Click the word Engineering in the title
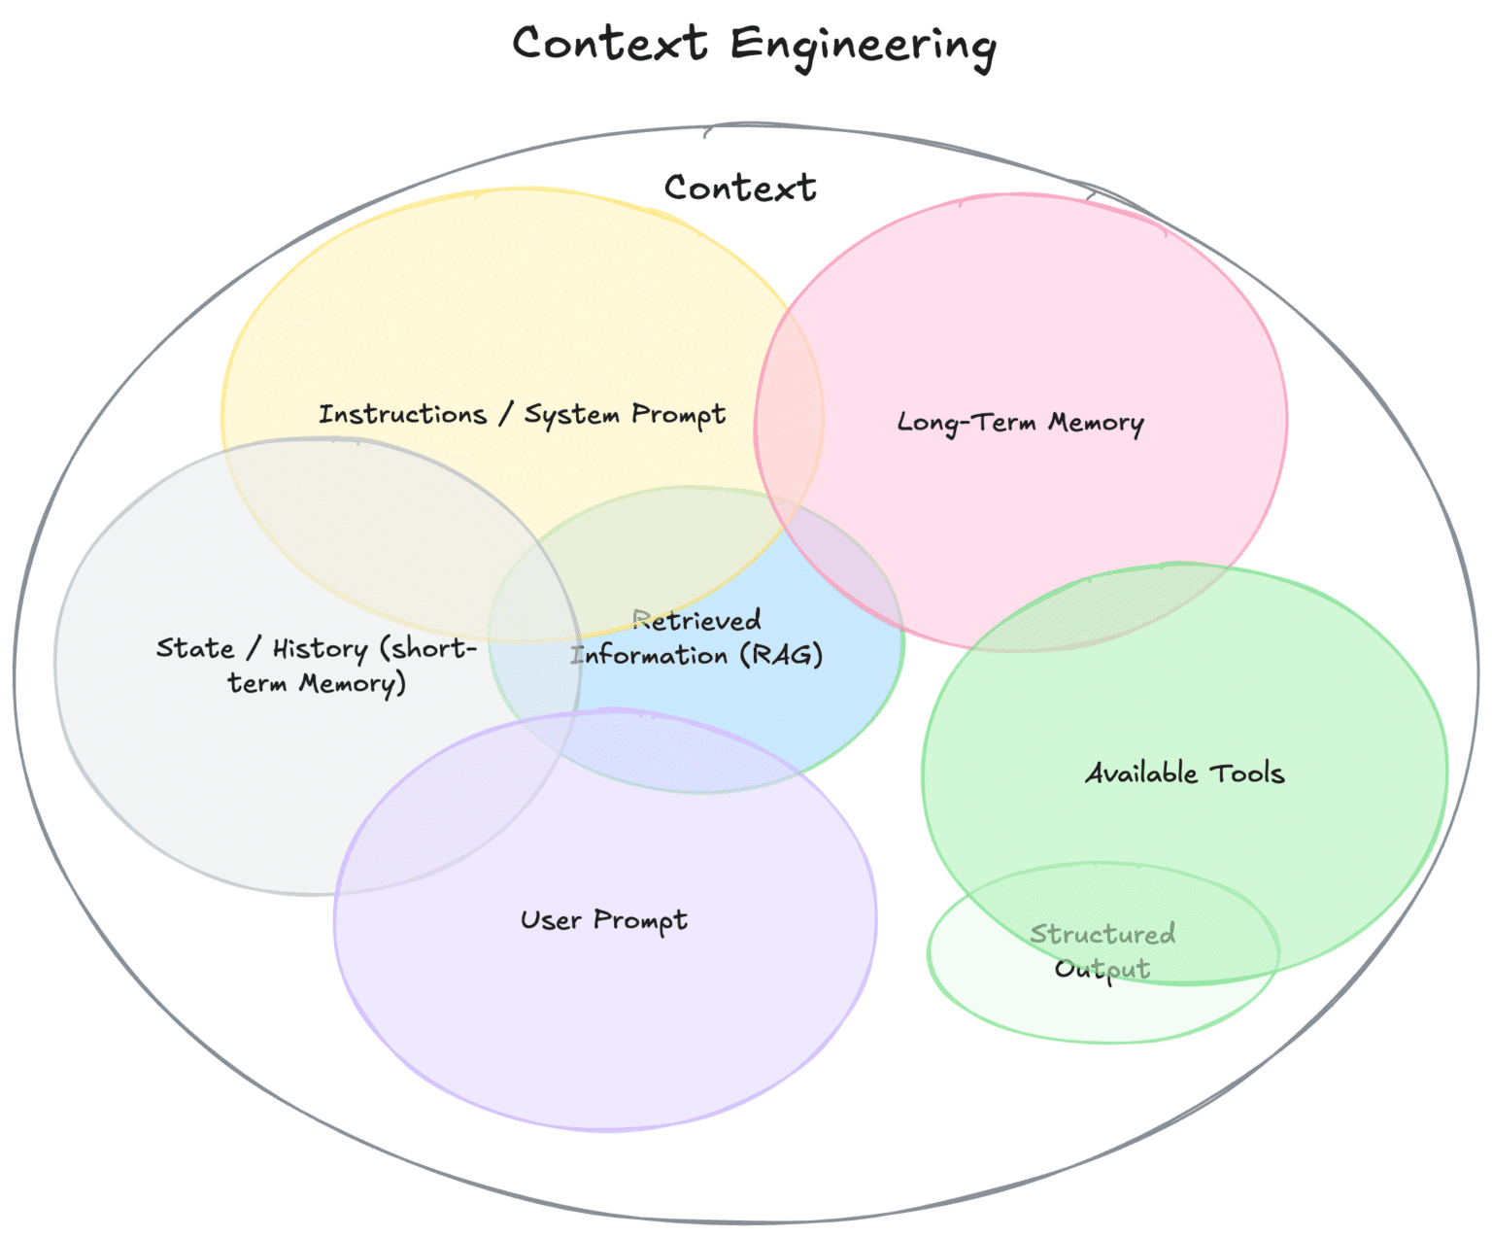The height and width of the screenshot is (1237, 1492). (863, 46)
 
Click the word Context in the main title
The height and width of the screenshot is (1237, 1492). (610, 44)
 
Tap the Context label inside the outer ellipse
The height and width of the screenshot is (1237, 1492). (740, 188)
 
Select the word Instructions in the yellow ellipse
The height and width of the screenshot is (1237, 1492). (402, 415)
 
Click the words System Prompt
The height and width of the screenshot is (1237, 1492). (625, 415)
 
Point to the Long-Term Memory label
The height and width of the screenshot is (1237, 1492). (1020, 423)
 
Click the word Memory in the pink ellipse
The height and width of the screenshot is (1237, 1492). (1096, 423)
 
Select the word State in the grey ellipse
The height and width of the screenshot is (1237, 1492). (195, 648)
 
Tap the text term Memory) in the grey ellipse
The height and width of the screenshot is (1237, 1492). (317, 684)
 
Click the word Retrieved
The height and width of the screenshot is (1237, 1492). (697, 620)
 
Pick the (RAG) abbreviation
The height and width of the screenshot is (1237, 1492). (781, 655)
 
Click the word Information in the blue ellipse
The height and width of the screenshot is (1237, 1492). (651, 655)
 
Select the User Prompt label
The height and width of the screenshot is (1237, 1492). (603, 920)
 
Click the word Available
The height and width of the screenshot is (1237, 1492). (1141, 773)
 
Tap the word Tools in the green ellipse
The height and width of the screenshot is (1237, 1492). (1246, 773)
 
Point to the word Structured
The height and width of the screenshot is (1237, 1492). (1102, 934)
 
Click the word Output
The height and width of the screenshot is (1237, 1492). (1102, 969)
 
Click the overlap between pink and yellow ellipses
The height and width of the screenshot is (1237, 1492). (789, 418)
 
